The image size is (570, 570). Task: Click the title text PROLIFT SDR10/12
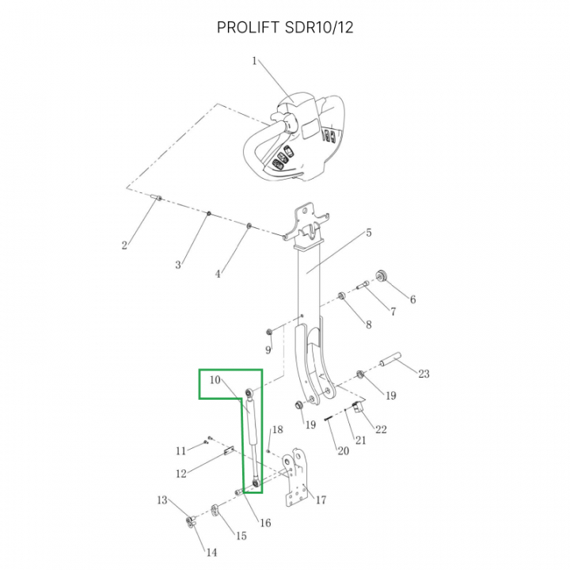pyautogui.click(x=285, y=27)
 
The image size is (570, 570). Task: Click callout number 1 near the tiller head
pyautogui.click(x=254, y=61)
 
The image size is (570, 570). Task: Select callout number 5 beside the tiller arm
pyautogui.click(x=368, y=233)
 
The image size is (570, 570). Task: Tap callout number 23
pyautogui.click(x=424, y=374)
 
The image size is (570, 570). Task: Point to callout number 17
pyautogui.click(x=321, y=500)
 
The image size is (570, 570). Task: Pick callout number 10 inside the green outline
pyautogui.click(x=215, y=380)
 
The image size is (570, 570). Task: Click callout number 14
pyautogui.click(x=211, y=553)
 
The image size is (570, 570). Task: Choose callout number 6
pyautogui.click(x=412, y=299)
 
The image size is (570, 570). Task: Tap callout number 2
pyautogui.click(x=124, y=245)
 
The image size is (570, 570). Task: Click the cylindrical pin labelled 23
pyautogui.click(x=390, y=358)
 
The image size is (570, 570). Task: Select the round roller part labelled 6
pyautogui.click(x=382, y=276)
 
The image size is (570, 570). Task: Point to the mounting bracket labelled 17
pyautogui.click(x=296, y=477)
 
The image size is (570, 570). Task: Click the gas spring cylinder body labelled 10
pyautogui.click(x=253, y=421)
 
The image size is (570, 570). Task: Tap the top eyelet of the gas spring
pyautogui.click(x=249, y=392)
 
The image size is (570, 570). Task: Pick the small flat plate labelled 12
pyautogui.click(x=228, y=451)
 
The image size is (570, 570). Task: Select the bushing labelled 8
pyautogui.click(x=342, y=295)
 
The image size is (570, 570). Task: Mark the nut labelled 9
pyautogui.click(x=269, y=332)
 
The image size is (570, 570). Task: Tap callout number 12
pyautogui.click(x=181, y=473)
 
